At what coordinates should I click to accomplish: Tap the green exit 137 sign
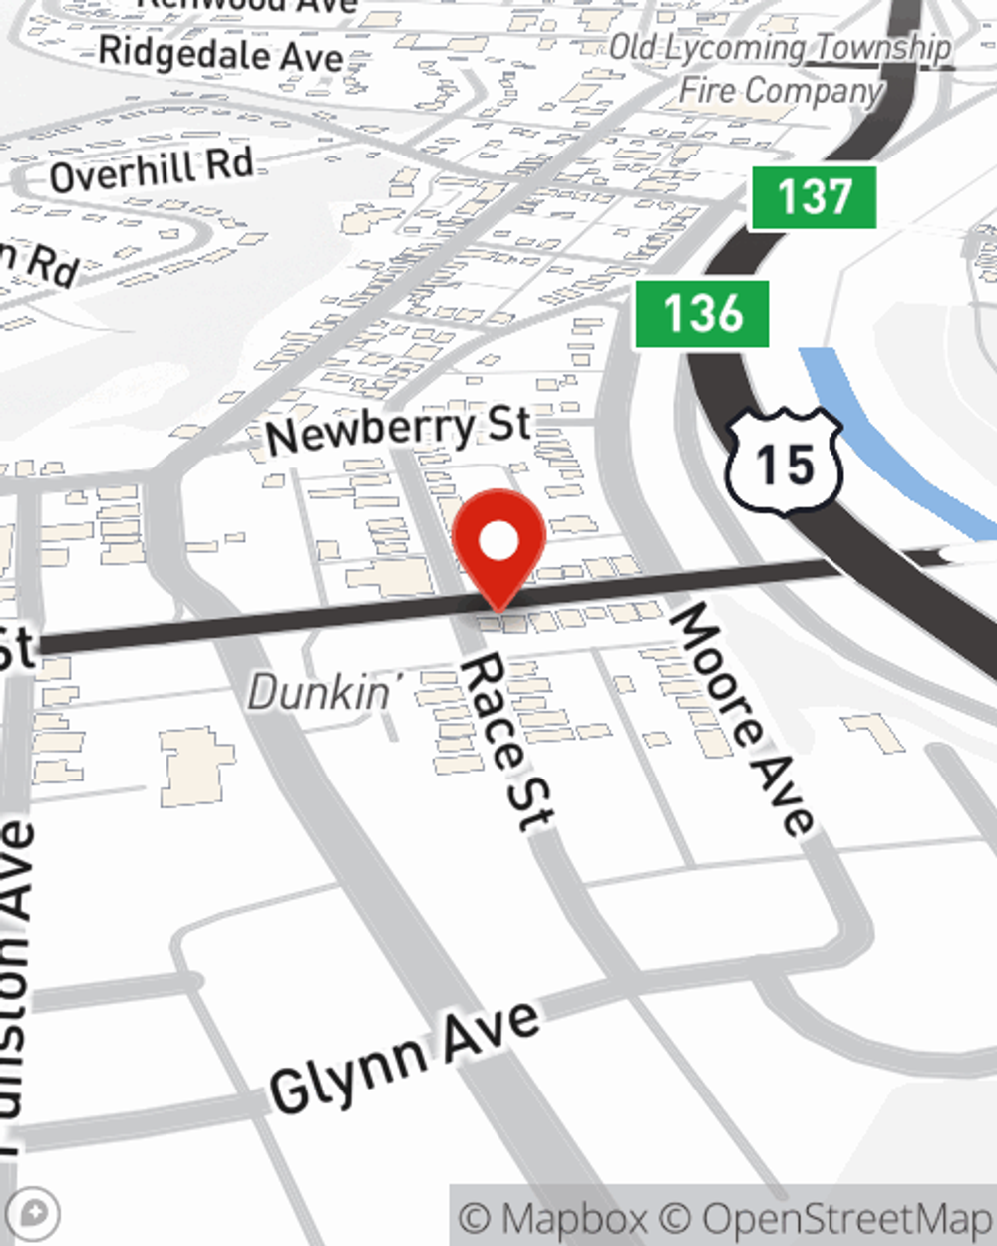[814, 197]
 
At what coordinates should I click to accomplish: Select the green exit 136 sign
[703, 314]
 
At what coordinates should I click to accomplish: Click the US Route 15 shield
[785, 462]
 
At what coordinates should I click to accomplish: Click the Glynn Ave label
[405, 1058]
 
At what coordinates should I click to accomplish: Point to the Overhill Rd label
[152, 170]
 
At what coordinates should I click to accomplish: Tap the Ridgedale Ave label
[220, 54]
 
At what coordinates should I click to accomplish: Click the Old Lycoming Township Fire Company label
[781, 68]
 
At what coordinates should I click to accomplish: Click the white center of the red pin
[498, 541]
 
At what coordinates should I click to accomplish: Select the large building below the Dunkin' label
[196, 766]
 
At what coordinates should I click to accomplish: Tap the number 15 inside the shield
[785, 465]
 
